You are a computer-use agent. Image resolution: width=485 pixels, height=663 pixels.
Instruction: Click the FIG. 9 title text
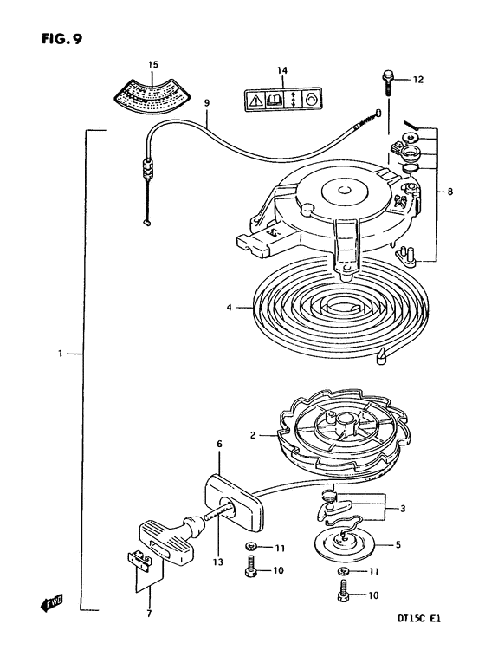61,38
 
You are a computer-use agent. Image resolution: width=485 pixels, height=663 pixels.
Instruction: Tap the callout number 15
153,65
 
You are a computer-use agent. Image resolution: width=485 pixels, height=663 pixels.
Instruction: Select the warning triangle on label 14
255,101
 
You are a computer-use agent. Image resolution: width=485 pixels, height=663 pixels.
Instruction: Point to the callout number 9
207,102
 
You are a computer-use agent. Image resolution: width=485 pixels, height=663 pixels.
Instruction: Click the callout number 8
450,192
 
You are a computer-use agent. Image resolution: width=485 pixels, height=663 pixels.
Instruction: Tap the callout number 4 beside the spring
229,308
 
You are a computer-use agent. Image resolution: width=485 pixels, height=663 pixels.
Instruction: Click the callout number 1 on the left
61,353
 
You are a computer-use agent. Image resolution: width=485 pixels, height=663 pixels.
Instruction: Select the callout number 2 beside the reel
253,435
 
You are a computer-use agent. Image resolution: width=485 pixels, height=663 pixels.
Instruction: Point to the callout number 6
219,444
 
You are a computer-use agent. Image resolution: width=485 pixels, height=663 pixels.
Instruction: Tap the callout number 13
219,562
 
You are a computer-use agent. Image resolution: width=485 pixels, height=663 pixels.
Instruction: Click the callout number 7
149,614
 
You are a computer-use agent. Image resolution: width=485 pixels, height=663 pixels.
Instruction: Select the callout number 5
398,544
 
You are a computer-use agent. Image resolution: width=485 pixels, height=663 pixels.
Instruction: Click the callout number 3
402,509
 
